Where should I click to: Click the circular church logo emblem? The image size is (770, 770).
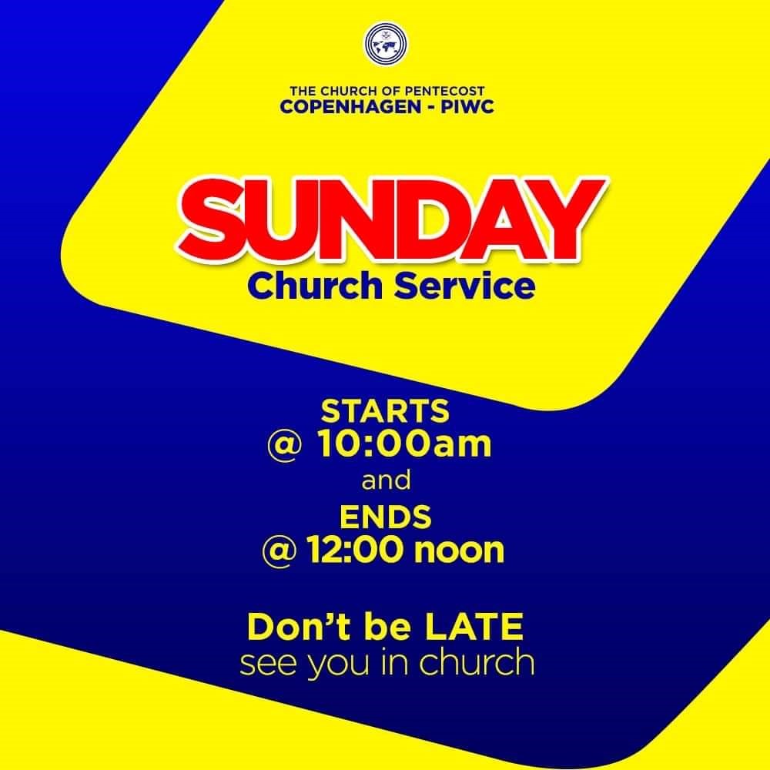385,43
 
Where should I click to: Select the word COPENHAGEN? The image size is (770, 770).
350,107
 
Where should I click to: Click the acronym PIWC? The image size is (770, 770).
467,107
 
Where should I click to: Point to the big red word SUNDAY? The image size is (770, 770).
392,221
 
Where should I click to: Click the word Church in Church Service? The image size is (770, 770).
315,286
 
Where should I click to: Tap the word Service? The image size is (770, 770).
464,286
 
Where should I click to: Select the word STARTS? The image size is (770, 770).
385,411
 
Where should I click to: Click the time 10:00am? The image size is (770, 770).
405,444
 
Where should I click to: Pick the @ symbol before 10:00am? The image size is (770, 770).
283,445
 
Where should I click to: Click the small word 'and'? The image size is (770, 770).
386,480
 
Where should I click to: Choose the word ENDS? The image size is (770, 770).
386,517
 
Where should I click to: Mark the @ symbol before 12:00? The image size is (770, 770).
279,551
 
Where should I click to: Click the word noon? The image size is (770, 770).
459,551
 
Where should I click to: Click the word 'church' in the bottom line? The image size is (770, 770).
477,662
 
